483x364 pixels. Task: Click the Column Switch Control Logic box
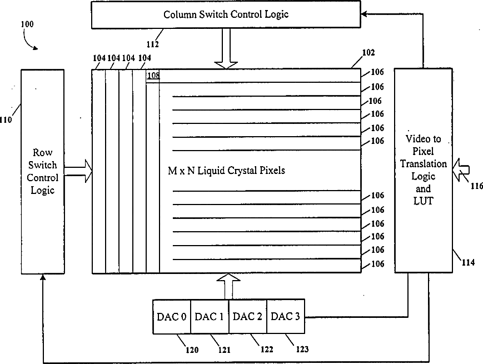click(226, 14)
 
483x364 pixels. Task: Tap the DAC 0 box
click(172, 316)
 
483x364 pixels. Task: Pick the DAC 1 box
click(210, 316)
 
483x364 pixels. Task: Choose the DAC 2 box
click(247, 316)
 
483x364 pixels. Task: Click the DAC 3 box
click(286, 316)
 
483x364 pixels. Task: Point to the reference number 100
click(27, 25)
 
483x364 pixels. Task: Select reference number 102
click(368, 53)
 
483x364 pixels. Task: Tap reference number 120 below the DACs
click(192, 350)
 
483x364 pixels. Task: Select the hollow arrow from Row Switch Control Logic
click(78, 171)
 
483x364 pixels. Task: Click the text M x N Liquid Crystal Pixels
click(226, 171)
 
